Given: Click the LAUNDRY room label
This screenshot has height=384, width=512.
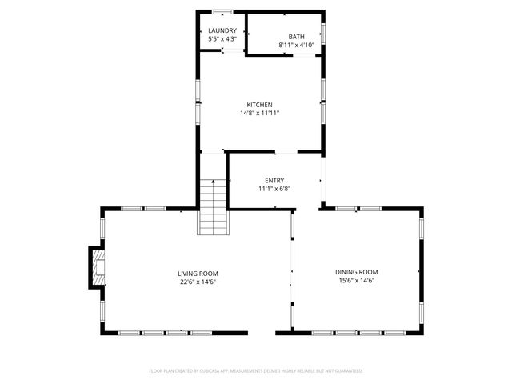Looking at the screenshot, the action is click(x=222, y=30).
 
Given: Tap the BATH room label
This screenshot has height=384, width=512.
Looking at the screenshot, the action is click(x=296, y=37).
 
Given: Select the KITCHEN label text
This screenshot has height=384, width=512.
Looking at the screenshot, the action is click(x=259, y=105).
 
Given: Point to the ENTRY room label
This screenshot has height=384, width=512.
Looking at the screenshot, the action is click(x=274, y=181).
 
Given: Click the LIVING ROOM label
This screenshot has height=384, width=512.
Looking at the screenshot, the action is click(x=198, y=274).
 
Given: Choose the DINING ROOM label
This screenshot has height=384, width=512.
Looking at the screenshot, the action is click(x=357, y=272).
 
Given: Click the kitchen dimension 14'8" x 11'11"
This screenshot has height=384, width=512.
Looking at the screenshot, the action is click(x=260, y=114).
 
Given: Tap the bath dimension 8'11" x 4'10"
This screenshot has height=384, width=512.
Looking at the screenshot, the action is click(x=297, y=45).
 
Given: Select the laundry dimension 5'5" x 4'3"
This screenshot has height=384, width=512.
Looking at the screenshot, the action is click(x=222, y=39).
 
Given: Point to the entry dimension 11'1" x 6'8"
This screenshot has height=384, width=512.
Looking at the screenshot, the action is click(x=274, y=189).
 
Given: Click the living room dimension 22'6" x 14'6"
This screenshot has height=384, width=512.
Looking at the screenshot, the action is click(x=198, y=282).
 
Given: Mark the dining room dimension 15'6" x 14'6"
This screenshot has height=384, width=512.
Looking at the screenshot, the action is click(x=357, y=280).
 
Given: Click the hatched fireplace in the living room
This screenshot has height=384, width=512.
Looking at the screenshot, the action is click(x=98, y=267).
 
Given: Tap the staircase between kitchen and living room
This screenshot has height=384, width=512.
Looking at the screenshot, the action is click(x=213, y=207).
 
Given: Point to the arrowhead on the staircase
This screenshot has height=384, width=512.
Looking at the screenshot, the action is click(x=214, y=181).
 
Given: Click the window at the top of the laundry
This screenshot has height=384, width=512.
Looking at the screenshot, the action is click(x=222, y=12).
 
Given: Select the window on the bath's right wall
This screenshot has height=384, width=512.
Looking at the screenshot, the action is click(x=323, y=34).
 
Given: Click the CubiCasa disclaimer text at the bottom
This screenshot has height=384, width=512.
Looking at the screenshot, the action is click(x=256, y=371).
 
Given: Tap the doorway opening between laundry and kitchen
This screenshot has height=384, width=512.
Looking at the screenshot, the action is click(x=233, y=50).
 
